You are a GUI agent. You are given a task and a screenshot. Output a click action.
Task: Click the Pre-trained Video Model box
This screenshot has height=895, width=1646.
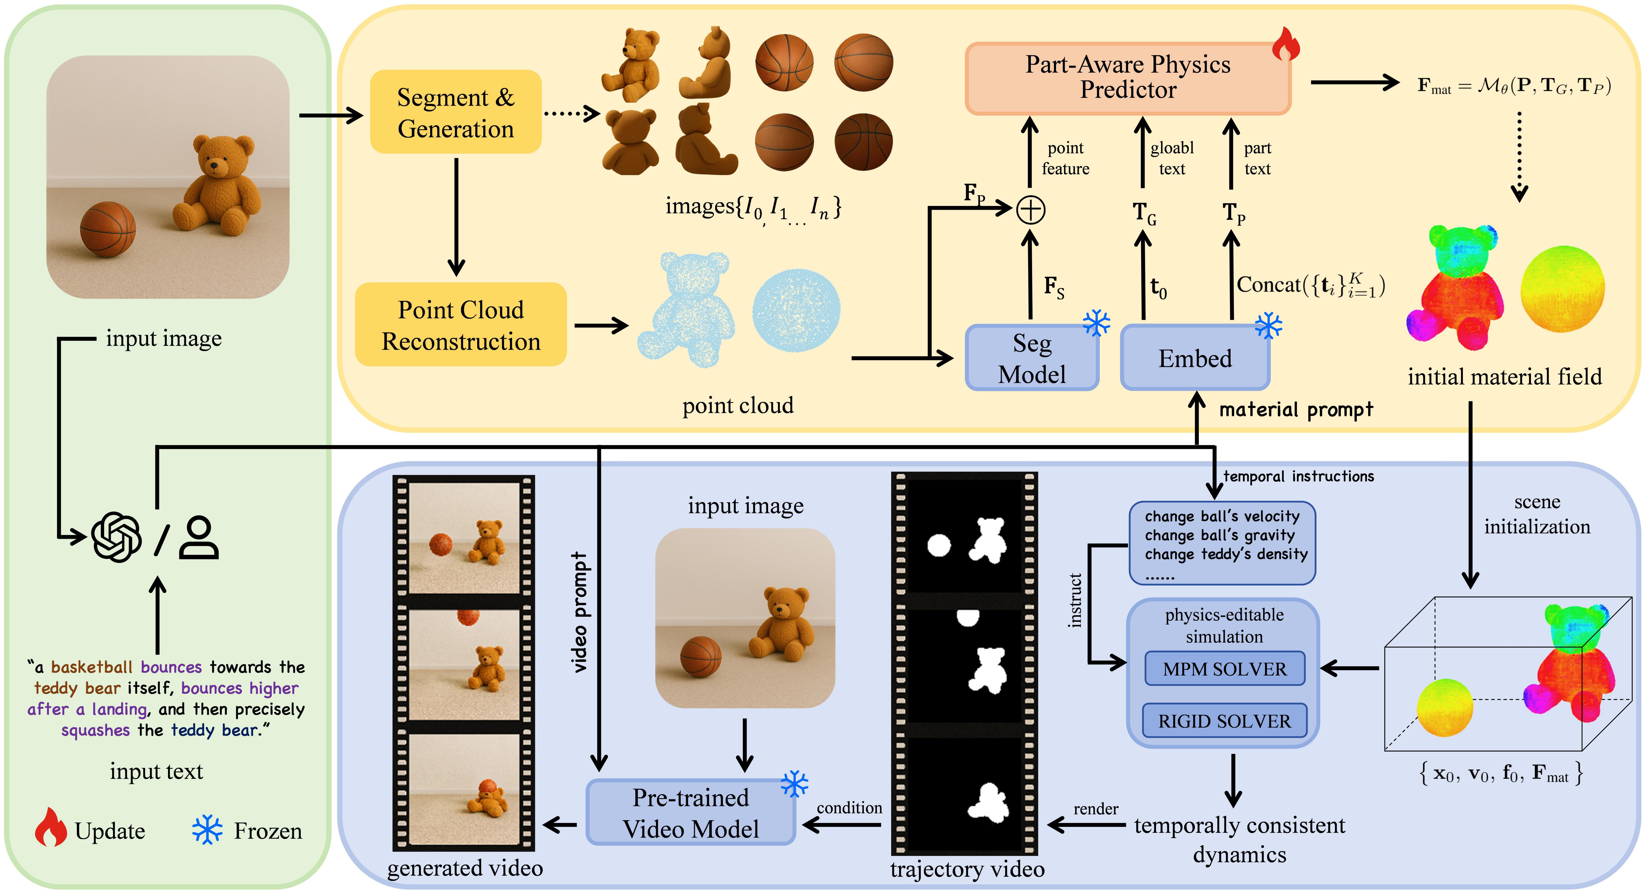pyautogui.click(x=690, y=813)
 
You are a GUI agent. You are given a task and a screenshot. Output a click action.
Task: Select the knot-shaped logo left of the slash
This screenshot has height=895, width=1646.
pyautogui.click(x=116, y=537)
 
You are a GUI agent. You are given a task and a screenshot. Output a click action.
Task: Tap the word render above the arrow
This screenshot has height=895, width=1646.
pyautogui.click(x=1095, y=809)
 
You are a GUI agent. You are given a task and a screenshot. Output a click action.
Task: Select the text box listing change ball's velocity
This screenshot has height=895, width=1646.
pyautogui.click(x=1222, y=543)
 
